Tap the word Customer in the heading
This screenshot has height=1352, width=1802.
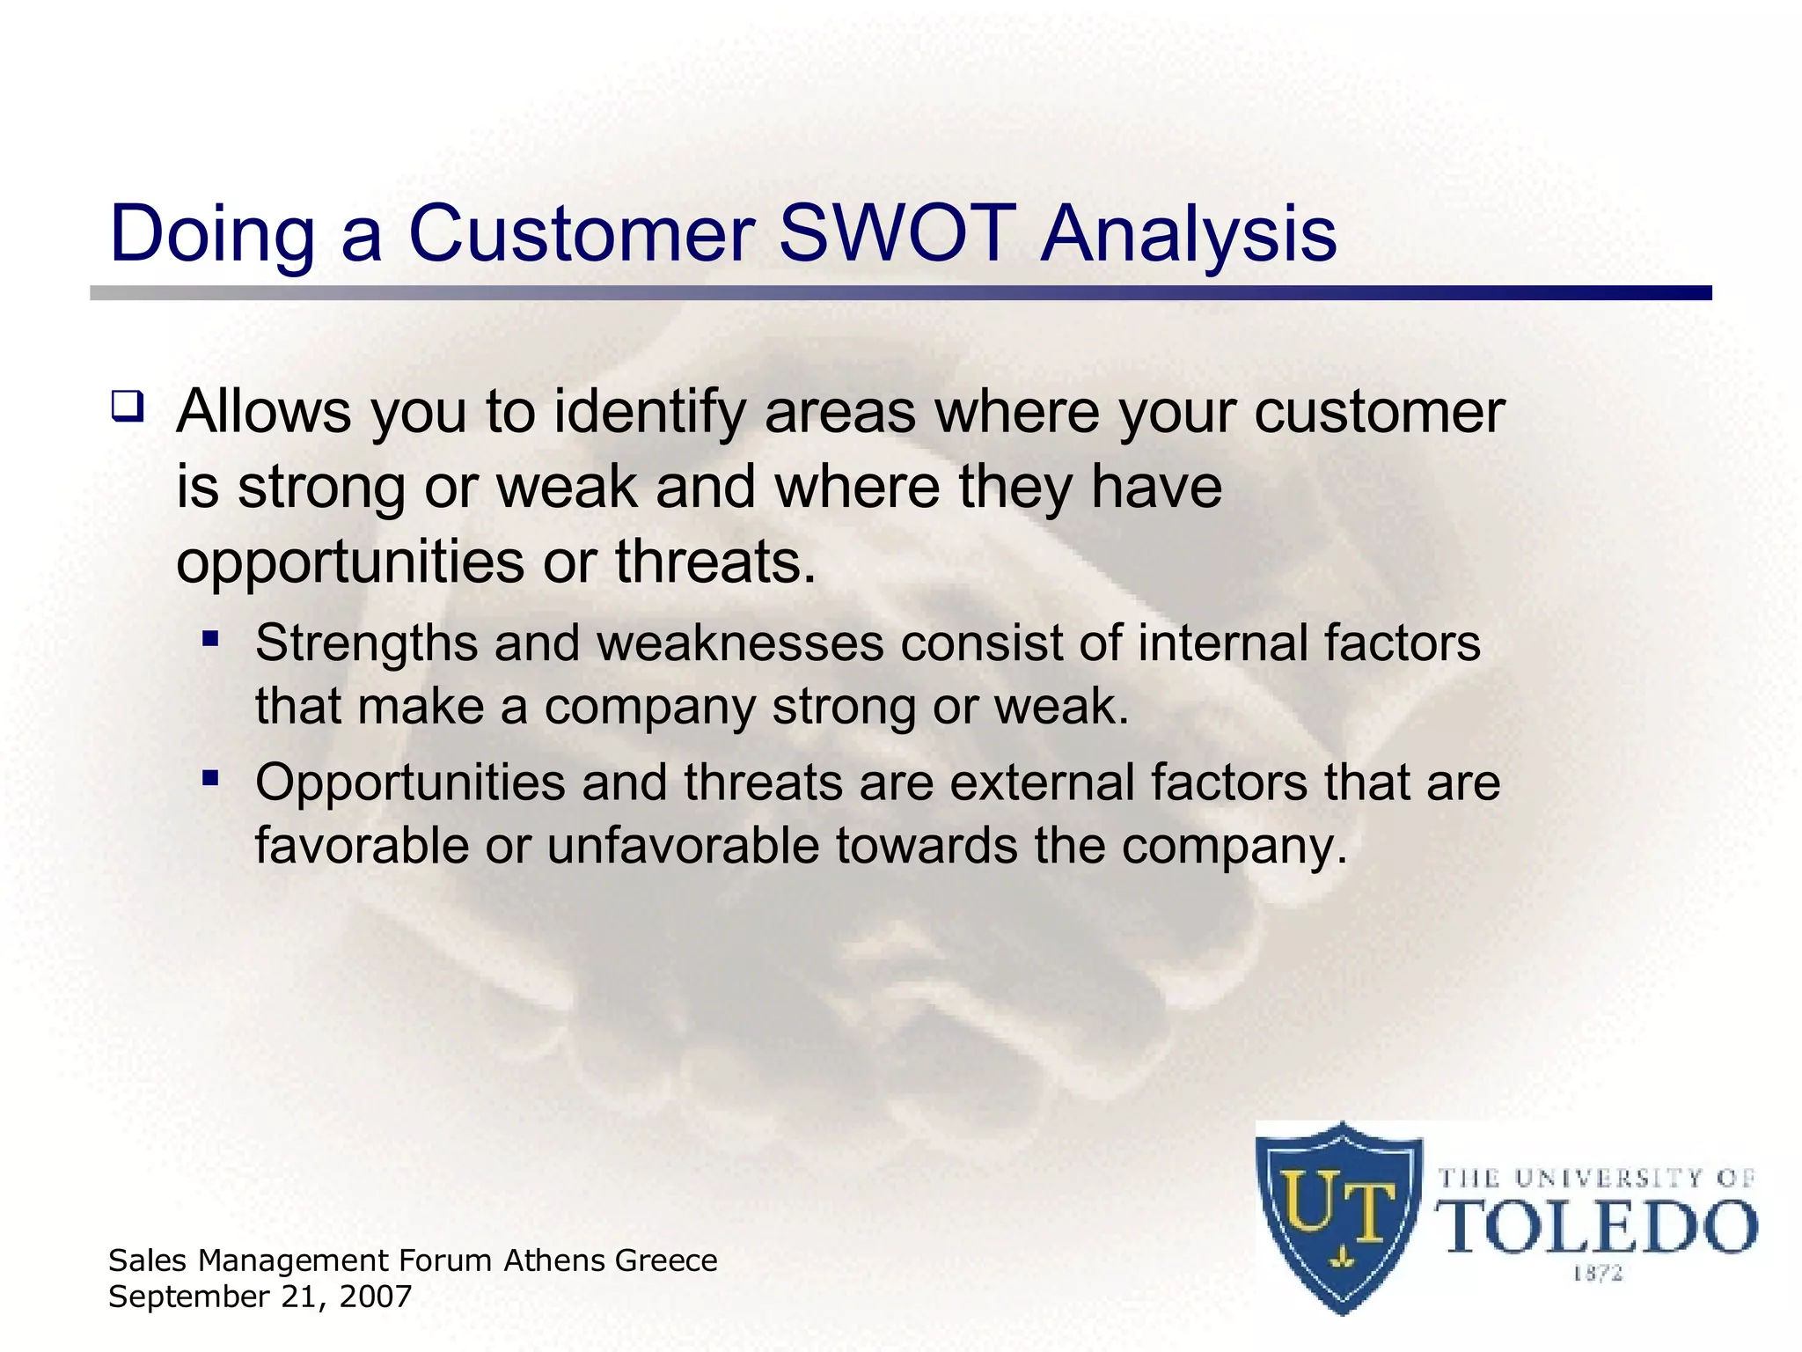click(x=581, y=234)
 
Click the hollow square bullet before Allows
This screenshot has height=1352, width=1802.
click(x=127, y=407)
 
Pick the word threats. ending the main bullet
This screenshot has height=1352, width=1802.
click(x=715, y=562)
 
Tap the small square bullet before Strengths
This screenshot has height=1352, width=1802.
click(x=209, y=638)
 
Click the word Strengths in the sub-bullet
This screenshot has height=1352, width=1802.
click(x=366, y=644)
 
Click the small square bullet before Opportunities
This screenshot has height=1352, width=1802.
click(x=209, y=777)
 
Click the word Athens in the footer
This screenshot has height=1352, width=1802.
click(x=555, y=1260)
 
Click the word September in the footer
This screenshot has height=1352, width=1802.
click(x=188, y=1297)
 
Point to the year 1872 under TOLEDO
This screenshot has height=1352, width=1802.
click(x=1597, y=1274)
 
